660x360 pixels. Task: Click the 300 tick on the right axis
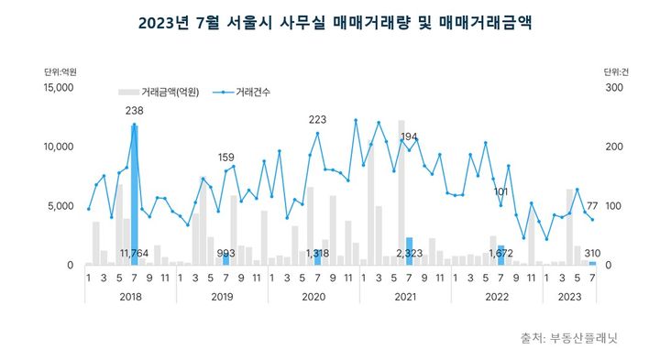613,88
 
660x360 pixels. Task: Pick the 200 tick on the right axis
613,147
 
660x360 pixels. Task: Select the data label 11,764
136,253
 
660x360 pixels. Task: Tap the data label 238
135,112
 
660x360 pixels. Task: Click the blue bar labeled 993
225,259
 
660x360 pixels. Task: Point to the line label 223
317,120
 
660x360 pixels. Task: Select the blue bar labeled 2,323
409,251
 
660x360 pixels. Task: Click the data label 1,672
500,253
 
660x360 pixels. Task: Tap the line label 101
500,192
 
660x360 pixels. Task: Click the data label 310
592,253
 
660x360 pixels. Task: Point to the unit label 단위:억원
60,72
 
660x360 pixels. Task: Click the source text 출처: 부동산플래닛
569,336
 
